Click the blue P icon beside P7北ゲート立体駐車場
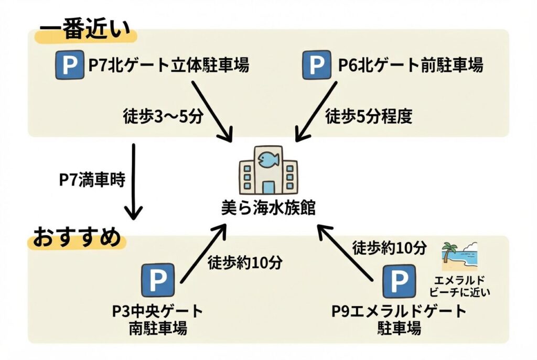[70, 65]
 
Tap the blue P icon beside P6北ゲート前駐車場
[317, 65]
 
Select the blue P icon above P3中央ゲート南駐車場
[158, 280]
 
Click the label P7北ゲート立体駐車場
[168, 66]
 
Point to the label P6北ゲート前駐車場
[410, 66]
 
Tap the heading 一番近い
[84, 32]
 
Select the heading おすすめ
[78, 239]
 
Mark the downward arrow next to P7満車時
[134, 181]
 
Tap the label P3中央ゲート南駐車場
[158, 319]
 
